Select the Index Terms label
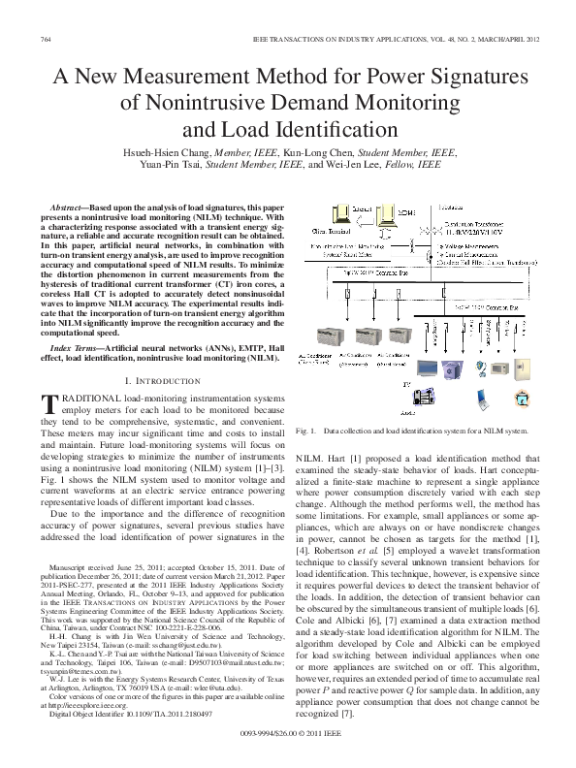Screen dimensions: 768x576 (78, 346)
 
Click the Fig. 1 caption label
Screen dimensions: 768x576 (308, 429)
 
